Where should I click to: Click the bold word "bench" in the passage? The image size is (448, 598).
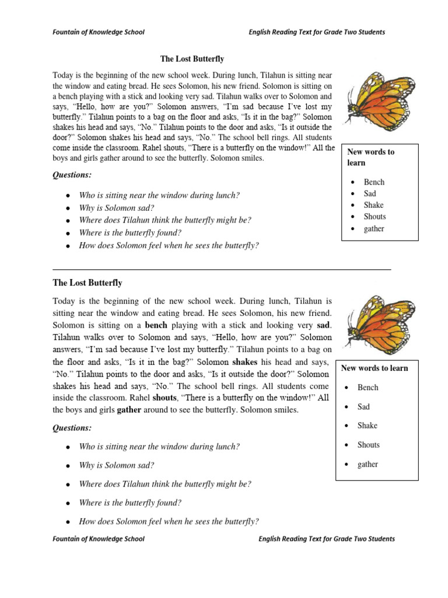coord(156,325)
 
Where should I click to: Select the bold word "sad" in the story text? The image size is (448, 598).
coord(324,325)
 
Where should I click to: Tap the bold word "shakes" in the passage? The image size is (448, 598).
coord(245,361)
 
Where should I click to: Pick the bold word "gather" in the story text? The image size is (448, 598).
coord(129,410)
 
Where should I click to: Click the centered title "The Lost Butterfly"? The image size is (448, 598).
coord(192,59)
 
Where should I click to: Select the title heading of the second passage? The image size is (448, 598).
coord(87,283)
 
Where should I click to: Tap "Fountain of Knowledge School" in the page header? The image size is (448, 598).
coord(99,32)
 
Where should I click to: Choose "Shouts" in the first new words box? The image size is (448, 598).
coord(374,217)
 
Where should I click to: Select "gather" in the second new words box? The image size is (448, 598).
coord(367,464)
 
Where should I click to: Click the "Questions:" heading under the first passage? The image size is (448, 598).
coord(72,175)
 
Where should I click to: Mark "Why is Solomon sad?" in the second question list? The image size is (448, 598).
coord(116,465)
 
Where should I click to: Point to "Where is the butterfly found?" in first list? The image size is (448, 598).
coord(126,232)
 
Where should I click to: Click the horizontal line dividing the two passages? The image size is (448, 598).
coord(222,270)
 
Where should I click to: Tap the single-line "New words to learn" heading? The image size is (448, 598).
coord(374,368)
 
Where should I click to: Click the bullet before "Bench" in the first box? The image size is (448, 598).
coord(353,182)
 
